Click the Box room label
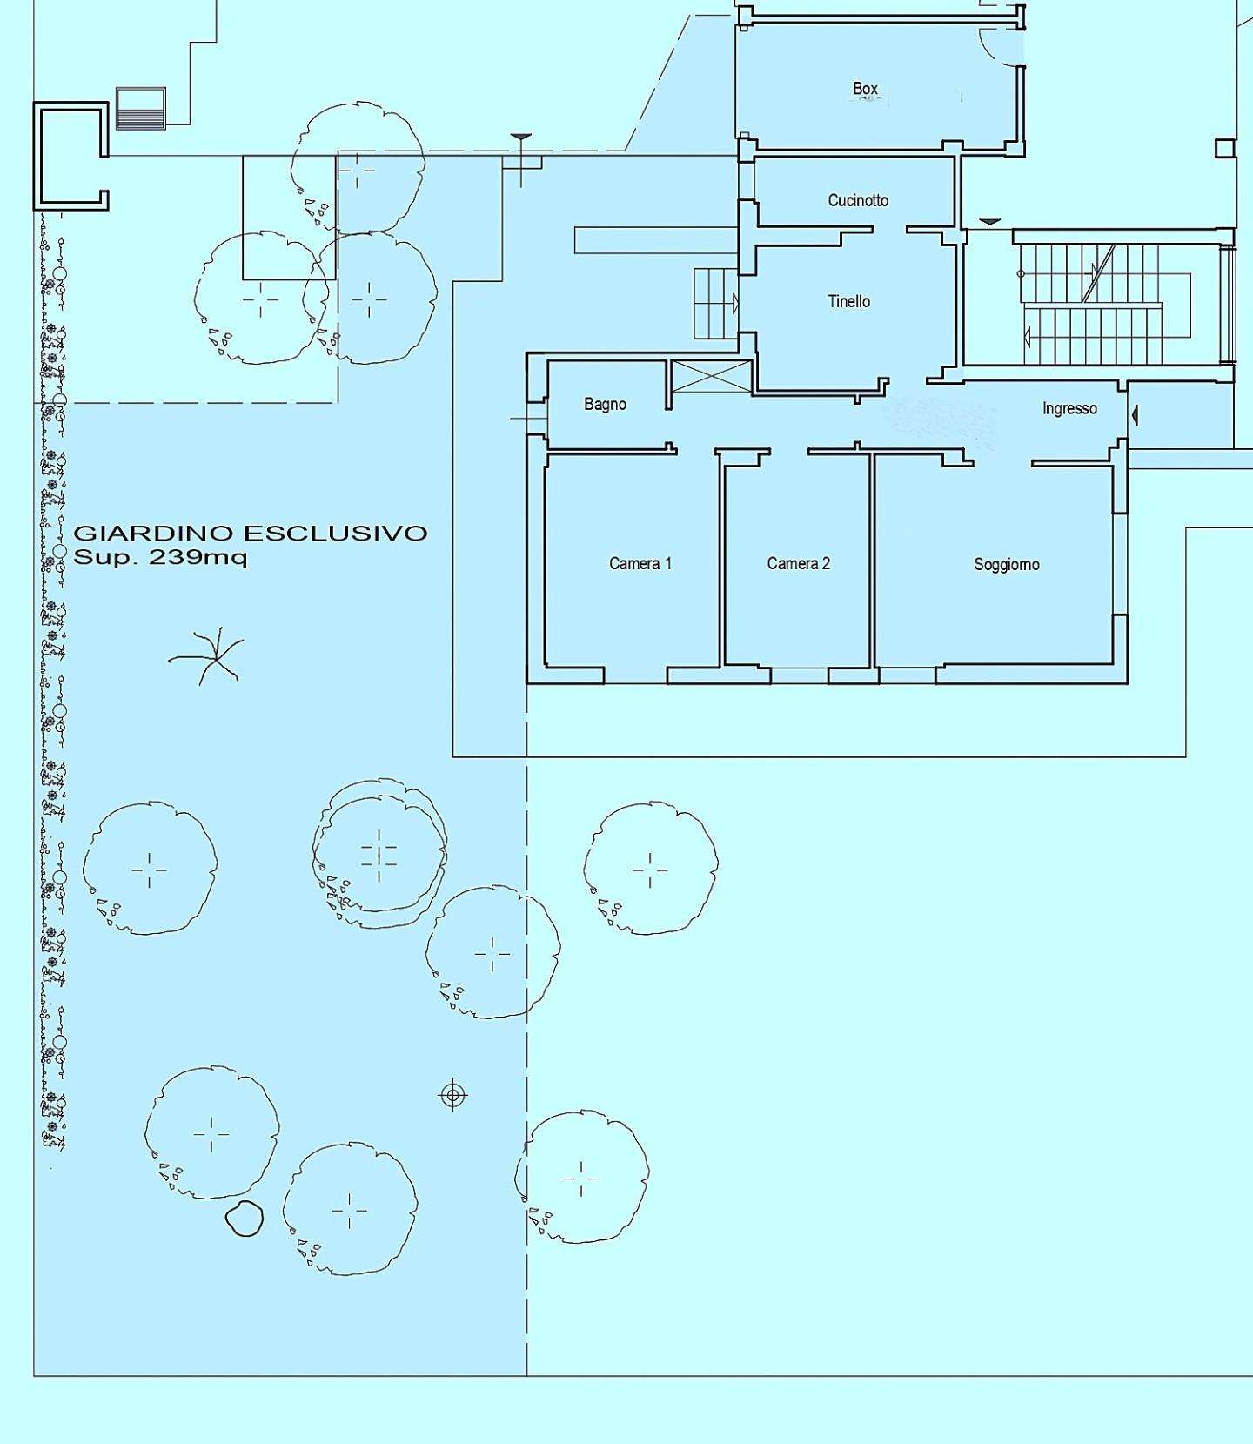point(865,89)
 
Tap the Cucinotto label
point(858,200)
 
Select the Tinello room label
point(848,301)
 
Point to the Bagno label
point(605,404)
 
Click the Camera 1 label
point(640,563)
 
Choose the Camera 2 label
point(799,563)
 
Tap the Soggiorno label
point(1007,564)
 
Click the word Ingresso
point(1069,408)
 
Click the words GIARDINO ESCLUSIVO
point(251,533)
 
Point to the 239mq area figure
point(198,557)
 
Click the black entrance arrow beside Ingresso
point(1134,416)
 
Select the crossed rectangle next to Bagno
point(712,376)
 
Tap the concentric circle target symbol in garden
point(452,1095)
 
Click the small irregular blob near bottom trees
point(245,1219)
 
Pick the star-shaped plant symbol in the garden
point(206,656)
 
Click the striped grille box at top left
point(140,108)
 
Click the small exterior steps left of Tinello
point(716,303)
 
